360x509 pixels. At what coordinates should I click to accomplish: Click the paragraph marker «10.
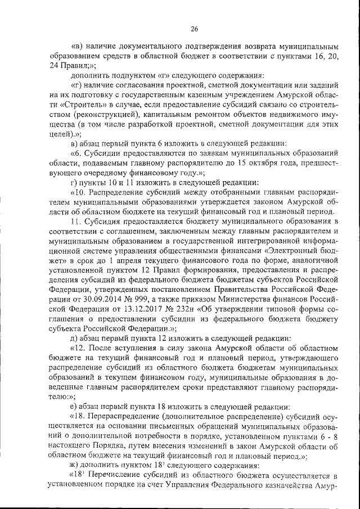pos(79,193)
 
